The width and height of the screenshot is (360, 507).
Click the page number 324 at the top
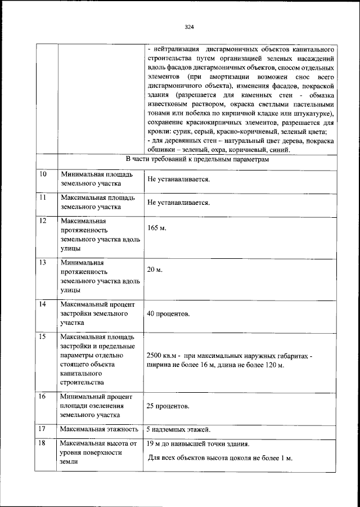189,26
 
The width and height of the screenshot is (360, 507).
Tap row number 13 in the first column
43,262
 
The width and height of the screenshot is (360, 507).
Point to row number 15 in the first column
43,336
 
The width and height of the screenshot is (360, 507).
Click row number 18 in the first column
43,443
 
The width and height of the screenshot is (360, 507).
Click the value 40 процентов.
168,313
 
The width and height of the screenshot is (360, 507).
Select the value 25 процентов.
168,406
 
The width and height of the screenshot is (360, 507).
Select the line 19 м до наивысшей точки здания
198,444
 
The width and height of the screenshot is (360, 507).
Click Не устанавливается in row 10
178,180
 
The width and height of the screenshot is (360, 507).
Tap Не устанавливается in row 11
178,203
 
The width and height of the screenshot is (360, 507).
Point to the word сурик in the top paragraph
180,131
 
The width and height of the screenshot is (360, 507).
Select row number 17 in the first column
43,429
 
